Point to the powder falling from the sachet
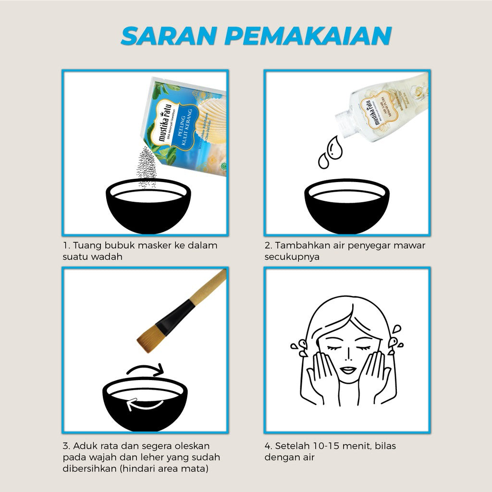[x=147, y=166]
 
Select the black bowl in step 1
[x=148, y=207]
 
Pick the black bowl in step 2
[x=347, y=207]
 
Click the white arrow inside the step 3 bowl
[x=144, y=406]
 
